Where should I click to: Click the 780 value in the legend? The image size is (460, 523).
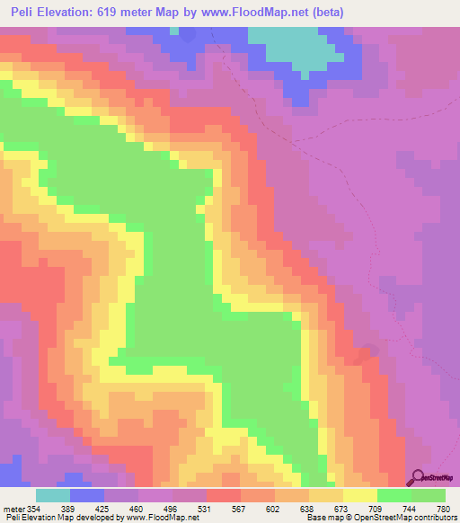point(431,509)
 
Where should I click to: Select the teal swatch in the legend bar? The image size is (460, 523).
point(53,495)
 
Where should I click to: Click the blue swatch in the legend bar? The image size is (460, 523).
point(87,495)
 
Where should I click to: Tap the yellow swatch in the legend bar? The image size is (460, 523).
point(360,495)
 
